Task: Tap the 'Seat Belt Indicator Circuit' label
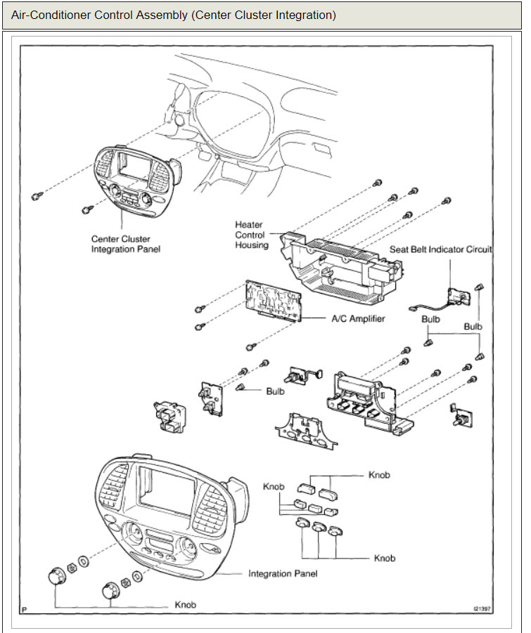(x=440, y=249)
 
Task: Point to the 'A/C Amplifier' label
(x=358, y=318)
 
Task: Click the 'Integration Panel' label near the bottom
(x=283, y=574)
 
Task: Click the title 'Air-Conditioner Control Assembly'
(x=173, y=15)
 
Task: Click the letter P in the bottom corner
(x=25, y=609)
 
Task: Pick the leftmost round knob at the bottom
(x=56, y=577)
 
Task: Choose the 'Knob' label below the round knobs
(x=186, y=605)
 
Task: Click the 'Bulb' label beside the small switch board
(x=275, y=391)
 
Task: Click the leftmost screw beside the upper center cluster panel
(x=37, y=195)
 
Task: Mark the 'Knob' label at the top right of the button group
(x=379, y=476)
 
